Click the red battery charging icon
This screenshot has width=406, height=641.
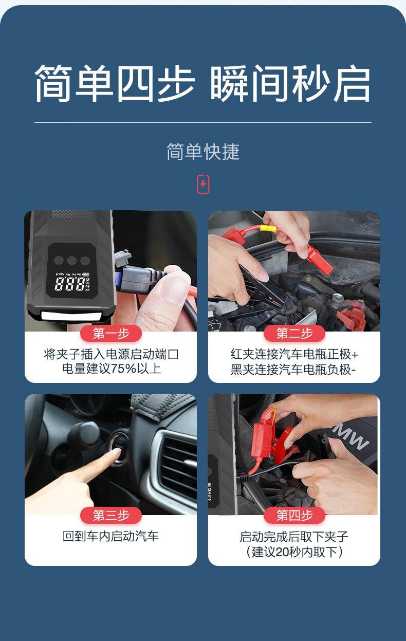point(203,184)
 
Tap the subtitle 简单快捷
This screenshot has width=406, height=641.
point(203,152)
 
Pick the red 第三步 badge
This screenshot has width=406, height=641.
point(111,516)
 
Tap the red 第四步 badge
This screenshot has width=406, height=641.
point(294,516)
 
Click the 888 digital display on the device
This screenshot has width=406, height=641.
point(69,284)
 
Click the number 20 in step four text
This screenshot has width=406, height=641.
point(282,552)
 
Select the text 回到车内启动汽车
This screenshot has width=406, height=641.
point(110,536)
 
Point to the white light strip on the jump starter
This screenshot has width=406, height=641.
point(71,316)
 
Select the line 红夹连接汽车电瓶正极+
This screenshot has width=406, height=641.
point(294,355)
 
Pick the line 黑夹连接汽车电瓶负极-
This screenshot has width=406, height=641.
point(293,370)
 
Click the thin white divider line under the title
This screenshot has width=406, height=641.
point(203,122)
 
